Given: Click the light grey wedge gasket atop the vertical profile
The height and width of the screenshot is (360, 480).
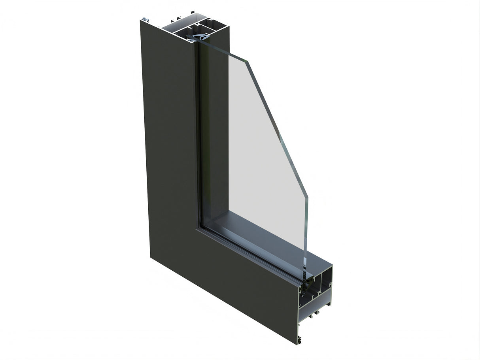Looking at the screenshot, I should [x=202, y=37].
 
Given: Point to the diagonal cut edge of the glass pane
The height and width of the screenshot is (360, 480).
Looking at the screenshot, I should [x=277, y=126].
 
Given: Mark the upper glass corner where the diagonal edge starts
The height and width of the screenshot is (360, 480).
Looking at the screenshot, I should [x=248, y=61].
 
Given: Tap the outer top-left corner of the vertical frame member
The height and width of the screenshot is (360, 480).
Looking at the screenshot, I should [x=141, y=21].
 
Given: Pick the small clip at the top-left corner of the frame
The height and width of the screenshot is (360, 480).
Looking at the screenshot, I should [x=146, y=19].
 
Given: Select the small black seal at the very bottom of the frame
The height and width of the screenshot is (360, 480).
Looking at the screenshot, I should [x=300, y=339].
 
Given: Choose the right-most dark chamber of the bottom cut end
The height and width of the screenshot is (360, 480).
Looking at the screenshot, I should [x=327, y=277].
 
